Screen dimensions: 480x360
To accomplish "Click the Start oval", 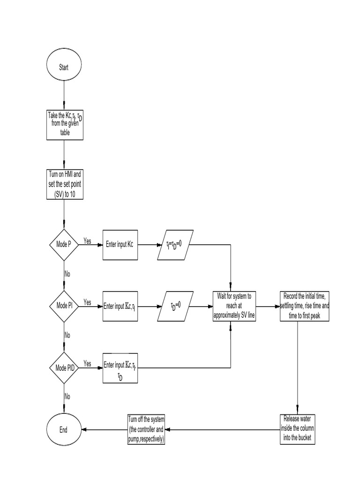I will pyautogui.click(x=64, y=67).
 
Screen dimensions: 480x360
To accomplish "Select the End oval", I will pyautogui.click(x=64, y=429).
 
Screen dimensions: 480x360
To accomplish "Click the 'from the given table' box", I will pyautogui.click(x=65, y=124).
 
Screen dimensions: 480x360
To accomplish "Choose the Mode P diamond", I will pyautogui.click(x=64, y=244).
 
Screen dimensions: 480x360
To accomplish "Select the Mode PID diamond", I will pyautogui.click(x=64, y=367).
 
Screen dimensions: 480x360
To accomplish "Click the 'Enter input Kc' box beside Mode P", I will pyautogui.click(x=120, y=244).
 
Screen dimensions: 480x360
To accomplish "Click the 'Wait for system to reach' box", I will pyautogui.click(x=234, y=306).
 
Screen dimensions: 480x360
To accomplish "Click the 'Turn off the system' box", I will pyautogui.click(x=146, y=429).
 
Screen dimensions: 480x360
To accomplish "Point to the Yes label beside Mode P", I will pyautogui.click(x=87, y=241).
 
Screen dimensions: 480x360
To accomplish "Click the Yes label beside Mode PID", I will pyautogui.click(x=87, y=363).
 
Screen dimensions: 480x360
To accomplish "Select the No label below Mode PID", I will pyautogui.click(x=67, y=396).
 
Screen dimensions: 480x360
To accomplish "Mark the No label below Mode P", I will pyautogui.click(x=67, y=273).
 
